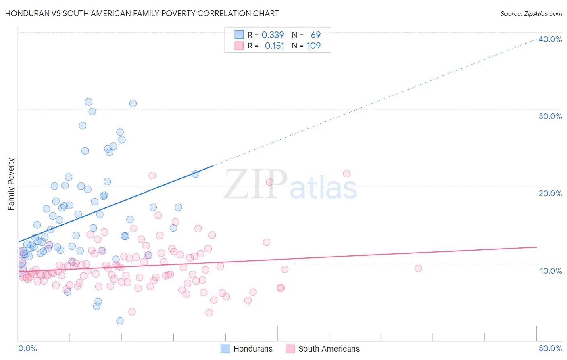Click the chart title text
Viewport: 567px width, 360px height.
click(142, 13)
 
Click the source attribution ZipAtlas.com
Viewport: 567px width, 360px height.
click(531, 13)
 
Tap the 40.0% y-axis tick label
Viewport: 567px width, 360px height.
click(550, 39)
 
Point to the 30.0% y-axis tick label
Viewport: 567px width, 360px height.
click(550, 116)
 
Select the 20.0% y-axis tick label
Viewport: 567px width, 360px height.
click(550, 193)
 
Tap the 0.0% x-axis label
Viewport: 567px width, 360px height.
click(27, 348)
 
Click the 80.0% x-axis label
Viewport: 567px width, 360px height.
click(550, 348)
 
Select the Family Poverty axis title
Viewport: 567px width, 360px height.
click(11, 184)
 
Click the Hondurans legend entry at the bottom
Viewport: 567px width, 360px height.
click(247, 349)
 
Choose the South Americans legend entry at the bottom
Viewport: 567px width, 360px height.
click(323, 349)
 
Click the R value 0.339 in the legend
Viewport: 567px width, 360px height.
click(273, 35)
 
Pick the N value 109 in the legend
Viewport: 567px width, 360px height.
click(313, 46)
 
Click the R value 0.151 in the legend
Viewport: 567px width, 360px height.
click(274, 46)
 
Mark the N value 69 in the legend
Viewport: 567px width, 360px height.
click(315, 35)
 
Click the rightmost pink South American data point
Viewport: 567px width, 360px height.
click(418, 268)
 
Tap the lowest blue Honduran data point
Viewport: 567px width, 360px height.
click(120, 321)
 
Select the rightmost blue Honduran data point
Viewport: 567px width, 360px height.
click(196, 174)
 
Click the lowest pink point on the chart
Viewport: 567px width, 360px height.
click(209, 313)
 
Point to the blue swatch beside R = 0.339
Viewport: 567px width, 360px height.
click(239, 35)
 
